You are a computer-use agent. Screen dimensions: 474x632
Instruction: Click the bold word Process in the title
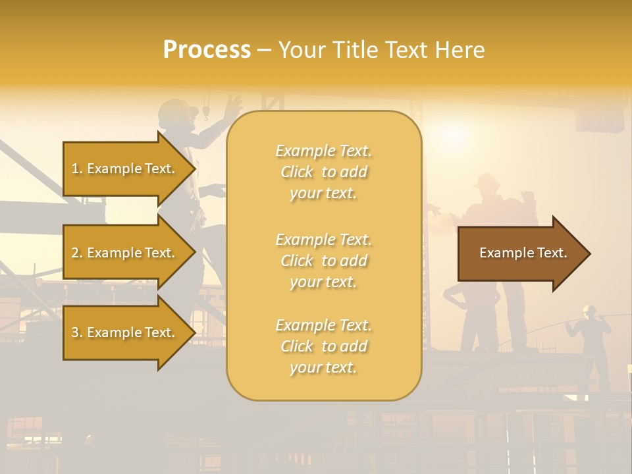point(207,50)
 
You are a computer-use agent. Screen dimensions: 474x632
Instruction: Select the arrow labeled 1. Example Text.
point(123,169)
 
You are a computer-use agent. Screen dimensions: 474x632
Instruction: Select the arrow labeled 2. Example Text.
point(123,253)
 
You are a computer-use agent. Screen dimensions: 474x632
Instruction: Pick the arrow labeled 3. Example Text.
point(123,332)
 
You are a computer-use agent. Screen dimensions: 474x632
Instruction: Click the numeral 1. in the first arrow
point(77,169)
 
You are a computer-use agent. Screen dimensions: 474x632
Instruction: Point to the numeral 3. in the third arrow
point(77,332)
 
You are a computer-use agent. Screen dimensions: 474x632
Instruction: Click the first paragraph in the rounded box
point(323,172)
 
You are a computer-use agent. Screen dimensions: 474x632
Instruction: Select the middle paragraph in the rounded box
point(323,261)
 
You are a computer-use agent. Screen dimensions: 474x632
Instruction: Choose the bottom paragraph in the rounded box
point(323,346)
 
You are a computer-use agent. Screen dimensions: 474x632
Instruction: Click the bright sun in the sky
point(454,135)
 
